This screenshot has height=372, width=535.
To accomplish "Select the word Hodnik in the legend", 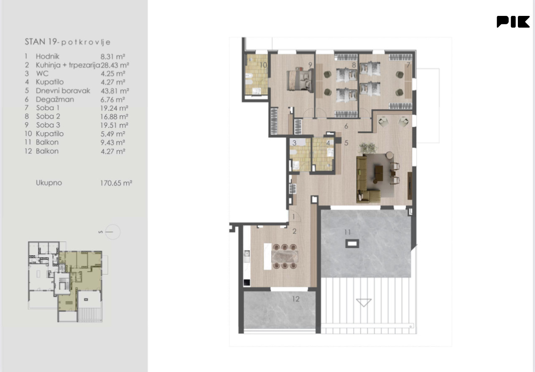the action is pyautogui.click(x=48, y=56).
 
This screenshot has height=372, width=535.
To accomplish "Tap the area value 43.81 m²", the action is pyautogui.click(x=115, y=91).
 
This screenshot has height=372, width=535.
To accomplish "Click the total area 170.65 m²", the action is pyautogui.click(x=116, y=183).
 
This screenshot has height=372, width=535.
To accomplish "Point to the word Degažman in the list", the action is pyautogui.click(x=55, y=100).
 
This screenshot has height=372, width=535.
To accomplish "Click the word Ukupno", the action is pyautogui.click(x=49, y=183).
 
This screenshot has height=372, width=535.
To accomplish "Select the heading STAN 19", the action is pyautogui.click(x=41, y=42).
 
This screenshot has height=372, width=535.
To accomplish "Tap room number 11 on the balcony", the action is pyautogui.click(x=347, y=232).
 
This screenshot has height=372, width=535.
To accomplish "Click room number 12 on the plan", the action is pyautogui.click(x=296, y=299).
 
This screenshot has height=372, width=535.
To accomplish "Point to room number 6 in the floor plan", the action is pyautogui.click(x=346, y=126).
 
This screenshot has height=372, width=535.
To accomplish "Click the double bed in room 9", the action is pyautogui.click(x=300, y=81).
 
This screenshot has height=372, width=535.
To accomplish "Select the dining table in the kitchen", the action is pyautogui.click(x=285, y=257).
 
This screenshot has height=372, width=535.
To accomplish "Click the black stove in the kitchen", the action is pyautogui.click(x=247, y=282).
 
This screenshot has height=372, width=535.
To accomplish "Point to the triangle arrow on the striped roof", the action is pyautogui.click(x=364, y=303).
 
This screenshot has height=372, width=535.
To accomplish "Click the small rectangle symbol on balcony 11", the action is pyautogui.click(x=352, y=244).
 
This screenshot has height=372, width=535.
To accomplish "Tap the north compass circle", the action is pyautogui.click(x=112, y=232).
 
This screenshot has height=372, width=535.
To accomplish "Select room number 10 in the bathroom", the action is pyautogui.click(x=263, y=65).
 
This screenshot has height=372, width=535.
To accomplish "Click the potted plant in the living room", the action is pyautogui.click(x=368, y=148).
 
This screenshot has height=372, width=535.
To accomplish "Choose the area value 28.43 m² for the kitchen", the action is pyautogui.click(x=115, y=65).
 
